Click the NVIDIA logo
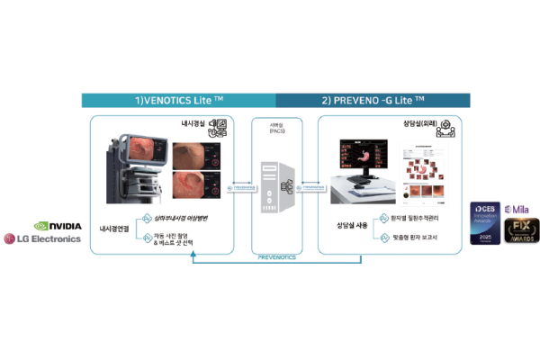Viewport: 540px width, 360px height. [x=58, y=226]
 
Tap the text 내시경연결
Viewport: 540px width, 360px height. [x=114, y=229]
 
